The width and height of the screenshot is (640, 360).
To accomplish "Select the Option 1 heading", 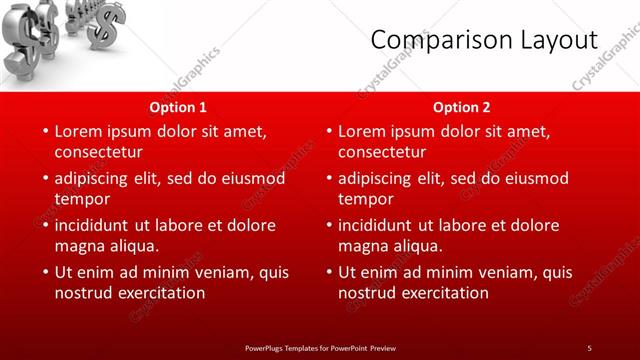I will click(179, 107).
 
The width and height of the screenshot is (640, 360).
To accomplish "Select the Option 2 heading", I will click(462, 107).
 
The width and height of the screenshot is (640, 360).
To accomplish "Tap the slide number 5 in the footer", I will click(589, 347).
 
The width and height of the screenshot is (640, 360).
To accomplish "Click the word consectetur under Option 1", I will click(98, 152).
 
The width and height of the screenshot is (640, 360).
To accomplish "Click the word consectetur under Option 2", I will click(382, 152).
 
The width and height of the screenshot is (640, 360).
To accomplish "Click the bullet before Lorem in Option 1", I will click(44, 131).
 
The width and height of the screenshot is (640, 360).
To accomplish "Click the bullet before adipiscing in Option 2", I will click(328, 178).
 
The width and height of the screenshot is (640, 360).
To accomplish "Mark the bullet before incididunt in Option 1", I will click(44, 225).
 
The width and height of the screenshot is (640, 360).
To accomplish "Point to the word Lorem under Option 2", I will click(364, 131).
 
